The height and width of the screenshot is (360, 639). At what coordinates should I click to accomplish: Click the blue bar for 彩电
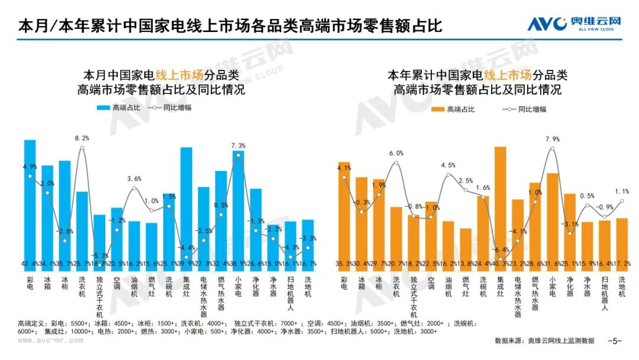[30, 201]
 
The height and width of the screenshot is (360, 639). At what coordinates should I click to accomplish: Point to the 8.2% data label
[82, 138]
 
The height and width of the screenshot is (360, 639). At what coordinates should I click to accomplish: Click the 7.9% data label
[553, 139]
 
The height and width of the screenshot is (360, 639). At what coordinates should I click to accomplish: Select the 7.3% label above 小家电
[238, 145]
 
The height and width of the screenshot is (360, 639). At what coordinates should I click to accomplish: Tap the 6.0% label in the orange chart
[396, 153]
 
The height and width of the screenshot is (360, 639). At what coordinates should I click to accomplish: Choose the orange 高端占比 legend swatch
[438, 110]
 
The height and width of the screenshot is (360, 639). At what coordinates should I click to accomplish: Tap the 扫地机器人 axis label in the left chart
[291, 292]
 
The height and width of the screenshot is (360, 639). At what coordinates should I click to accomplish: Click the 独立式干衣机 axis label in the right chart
[414, 296]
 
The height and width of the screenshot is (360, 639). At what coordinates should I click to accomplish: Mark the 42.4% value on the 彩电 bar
[30, 263]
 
